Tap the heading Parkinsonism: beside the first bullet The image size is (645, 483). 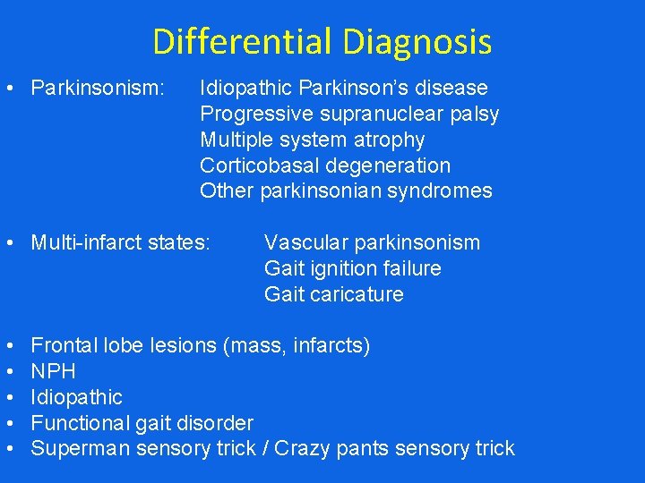[x=98, y=89]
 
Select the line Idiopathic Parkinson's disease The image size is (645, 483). [x=344, y=89]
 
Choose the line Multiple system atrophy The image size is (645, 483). [x=312, y=140]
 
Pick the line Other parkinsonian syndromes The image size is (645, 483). [x=346, y=191]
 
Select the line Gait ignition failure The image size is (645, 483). [x=352, y=269]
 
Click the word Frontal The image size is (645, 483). [x=64, y=346]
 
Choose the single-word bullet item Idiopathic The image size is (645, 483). [x=76, y=397]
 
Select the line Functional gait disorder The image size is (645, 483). [x=142, y=423]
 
